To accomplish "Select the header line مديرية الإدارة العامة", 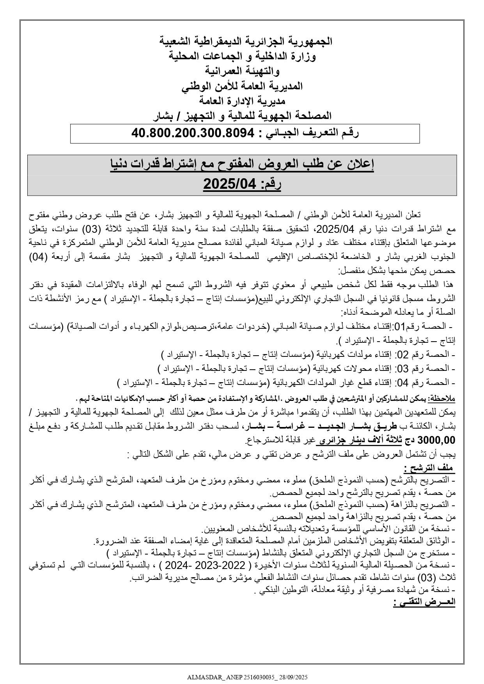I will [x=242, y=101].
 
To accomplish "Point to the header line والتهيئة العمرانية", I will [x=243, y=71].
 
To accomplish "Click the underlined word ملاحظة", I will [x=442, y=399].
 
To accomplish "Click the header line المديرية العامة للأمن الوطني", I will [x=242, y=87].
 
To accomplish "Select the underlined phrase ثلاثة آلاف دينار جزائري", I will [x=358, y=441].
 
